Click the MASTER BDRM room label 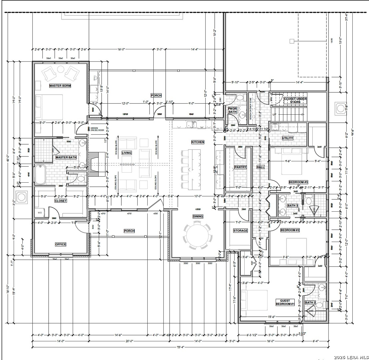coord(60,86)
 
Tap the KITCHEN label coord(197,142)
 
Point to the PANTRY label coord(240,167)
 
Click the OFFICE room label coord(60,244)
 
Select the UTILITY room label coord(287,138)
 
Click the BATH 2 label coord(310,303)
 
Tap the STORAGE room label coord(240,231)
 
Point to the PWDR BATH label coord(232,110)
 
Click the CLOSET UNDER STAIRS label coord(295,100)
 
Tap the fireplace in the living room coord(97,164)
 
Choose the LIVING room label coord(126,153)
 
